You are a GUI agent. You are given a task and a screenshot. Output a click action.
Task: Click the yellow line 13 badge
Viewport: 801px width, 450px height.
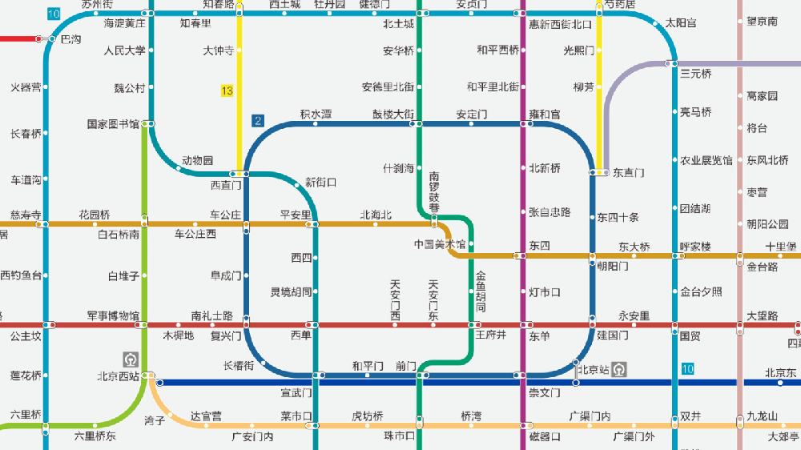(227, 91)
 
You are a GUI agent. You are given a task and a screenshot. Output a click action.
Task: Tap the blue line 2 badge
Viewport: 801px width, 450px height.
(257, 122)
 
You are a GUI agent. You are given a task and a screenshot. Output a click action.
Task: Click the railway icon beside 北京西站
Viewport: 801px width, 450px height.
(130, 358)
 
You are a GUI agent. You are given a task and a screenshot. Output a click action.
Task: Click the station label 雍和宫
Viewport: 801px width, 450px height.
(545, 115)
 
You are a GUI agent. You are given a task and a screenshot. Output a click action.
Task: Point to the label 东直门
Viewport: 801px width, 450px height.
(628, 172)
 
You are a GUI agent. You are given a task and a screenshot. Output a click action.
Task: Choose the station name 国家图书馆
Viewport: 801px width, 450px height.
(113, 124)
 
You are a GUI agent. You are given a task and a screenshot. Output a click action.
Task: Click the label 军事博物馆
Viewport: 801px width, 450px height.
(113, 315)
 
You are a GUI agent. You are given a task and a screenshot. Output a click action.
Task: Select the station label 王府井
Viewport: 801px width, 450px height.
(491, 335)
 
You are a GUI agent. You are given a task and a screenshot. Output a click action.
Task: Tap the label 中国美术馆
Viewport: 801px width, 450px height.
(439, 243)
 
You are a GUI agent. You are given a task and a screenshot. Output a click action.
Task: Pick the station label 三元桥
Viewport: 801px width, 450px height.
(695, 74)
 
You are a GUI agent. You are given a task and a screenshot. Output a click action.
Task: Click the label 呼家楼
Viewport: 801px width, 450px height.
(695, 247)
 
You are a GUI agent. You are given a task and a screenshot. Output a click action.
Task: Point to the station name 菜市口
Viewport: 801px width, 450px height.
(296, 416)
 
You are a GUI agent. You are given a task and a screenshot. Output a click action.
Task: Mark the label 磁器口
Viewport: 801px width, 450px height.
(545, 436)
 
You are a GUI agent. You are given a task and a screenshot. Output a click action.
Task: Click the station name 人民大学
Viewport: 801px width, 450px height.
(125, 50)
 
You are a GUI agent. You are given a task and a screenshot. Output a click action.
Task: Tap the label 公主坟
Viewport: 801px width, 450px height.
(26, 335)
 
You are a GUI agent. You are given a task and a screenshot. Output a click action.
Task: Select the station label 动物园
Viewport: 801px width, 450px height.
(197, 160)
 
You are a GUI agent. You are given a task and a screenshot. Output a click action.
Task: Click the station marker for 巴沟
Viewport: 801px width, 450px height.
(53, 38)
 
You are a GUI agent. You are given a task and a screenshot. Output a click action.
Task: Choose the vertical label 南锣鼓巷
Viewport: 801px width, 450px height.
(434, 192)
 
